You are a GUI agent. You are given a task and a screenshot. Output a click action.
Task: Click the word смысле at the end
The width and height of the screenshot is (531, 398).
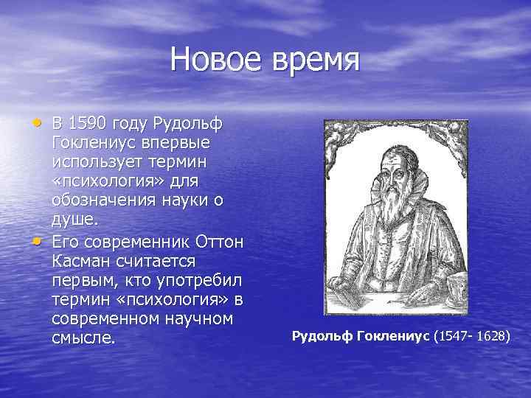[x=83, y=340]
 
